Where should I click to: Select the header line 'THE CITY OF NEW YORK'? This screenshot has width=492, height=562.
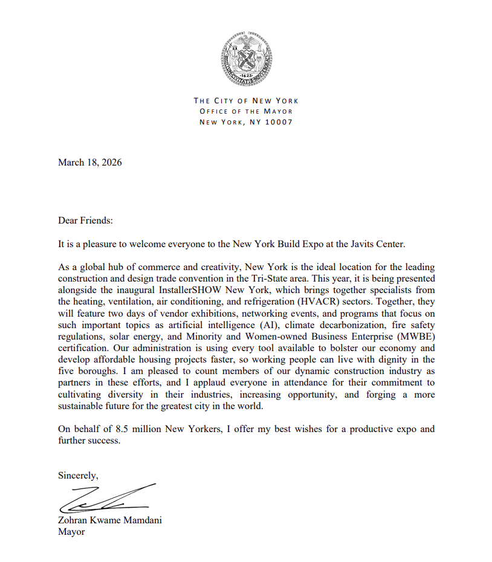(246, 101)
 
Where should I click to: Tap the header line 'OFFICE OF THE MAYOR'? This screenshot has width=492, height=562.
(246, 111)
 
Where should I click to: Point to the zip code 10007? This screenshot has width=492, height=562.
(279, 122)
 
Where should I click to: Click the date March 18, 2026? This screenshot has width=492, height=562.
(89, 162)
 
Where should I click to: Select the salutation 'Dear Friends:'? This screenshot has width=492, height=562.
(85, 221)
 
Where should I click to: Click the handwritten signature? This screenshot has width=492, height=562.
(106, 497)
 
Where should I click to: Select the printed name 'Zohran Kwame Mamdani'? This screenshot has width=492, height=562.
(110, 520)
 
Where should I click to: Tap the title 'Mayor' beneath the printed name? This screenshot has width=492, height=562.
(71, 532)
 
